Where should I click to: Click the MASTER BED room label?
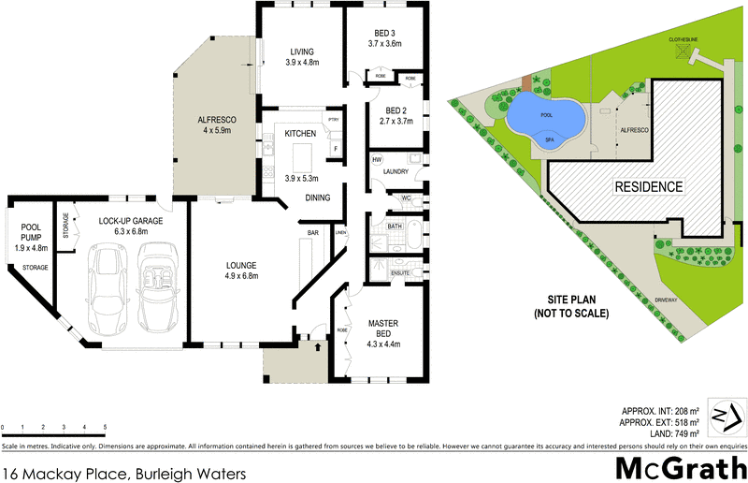tap(382, 329)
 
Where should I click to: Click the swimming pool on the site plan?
tap(547, 118)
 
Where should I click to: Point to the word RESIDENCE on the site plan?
tap(648, 187)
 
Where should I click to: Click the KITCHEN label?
tap(300, 135)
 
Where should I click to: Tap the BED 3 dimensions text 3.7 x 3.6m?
tap(384, 43)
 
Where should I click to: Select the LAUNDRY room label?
tap(394, 171)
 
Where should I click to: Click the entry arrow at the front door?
tap(319, 345)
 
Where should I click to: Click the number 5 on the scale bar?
tap(105, 427)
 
